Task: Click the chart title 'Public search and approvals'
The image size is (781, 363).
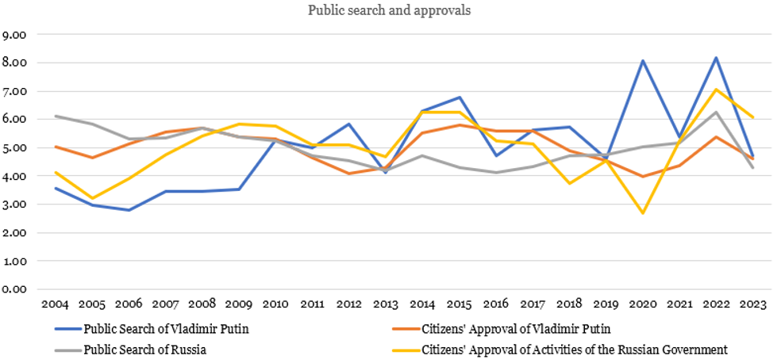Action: [390, 12]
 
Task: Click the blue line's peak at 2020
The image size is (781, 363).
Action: [643, 61]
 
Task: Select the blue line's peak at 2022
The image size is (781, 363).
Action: [717, 58]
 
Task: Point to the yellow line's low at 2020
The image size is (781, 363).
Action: [643, 213]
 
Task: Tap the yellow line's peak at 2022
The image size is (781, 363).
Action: [717, 90]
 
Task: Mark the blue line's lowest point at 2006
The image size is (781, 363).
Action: [129, 210]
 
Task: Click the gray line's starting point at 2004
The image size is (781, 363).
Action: [55, 116]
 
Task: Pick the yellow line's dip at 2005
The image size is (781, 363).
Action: [92, 198]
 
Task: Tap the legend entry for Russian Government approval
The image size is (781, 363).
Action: [571, 350]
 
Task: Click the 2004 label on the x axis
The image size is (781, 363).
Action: [55, 304]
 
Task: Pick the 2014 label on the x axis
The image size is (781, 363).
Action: [422, 304]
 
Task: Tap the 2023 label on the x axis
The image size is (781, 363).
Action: [753, 304]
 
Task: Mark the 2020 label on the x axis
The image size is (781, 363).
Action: [643, 304]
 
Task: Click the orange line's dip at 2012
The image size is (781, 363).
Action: [349, 173]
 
